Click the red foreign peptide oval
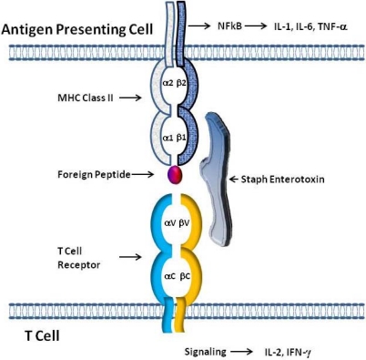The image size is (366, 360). pos(175,172)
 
